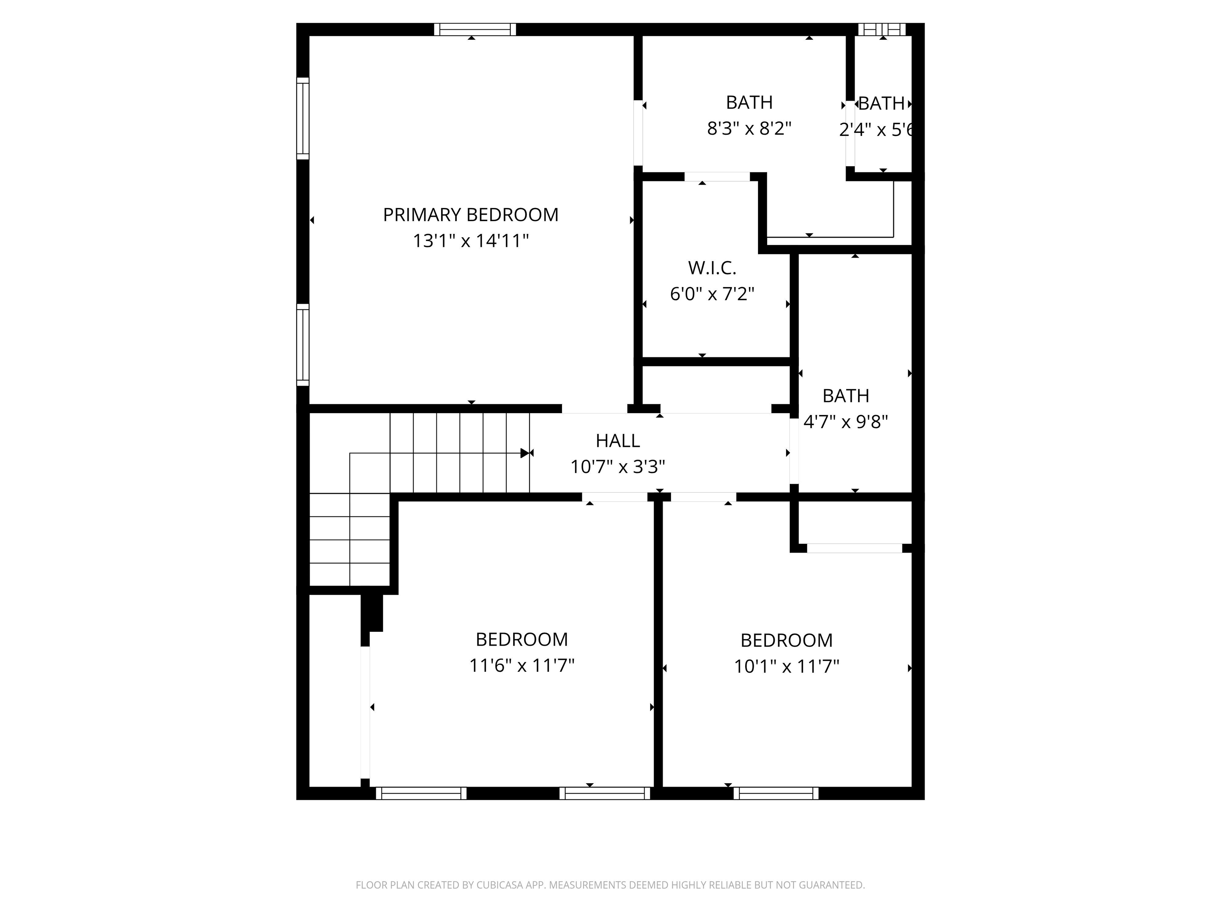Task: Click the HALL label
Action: click(617, 441)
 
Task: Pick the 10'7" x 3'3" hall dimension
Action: click(617, 467)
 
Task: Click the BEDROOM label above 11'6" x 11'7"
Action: click(521, 639)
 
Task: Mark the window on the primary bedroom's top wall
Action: click(475, 30)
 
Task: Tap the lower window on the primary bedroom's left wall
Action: click(302, 345)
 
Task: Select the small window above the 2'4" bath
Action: click(882, 30)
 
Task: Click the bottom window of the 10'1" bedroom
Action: click(775, 794)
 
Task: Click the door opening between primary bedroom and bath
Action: click(638, 132)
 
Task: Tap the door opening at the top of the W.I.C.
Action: click(717, 177)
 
